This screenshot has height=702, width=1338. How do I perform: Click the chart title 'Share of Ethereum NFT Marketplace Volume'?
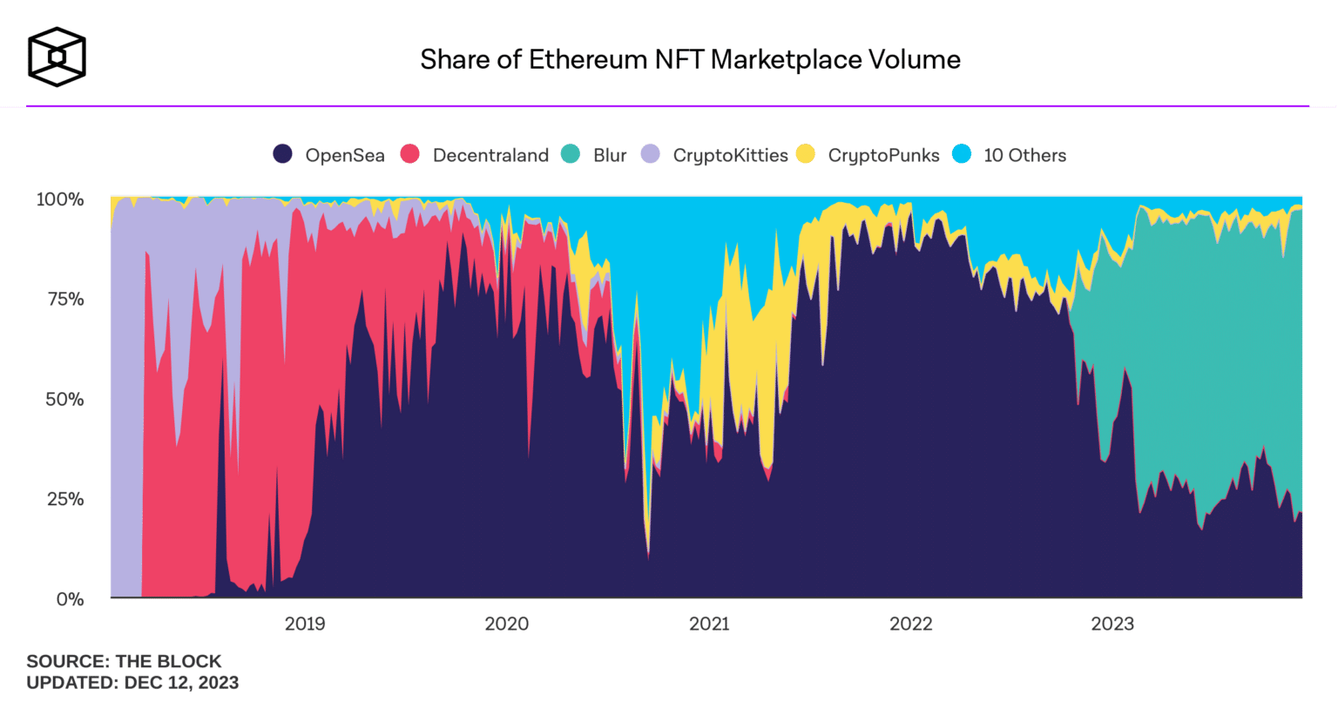point(690,59)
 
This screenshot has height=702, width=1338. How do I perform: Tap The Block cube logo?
point(57,57)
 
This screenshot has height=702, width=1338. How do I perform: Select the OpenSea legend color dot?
point(283,155)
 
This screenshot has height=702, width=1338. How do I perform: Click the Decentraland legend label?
point(490,156)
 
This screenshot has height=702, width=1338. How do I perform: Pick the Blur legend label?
point(610,156)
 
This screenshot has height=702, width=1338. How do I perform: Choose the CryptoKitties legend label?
point(730,156)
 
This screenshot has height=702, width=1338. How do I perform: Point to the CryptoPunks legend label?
point(883,156)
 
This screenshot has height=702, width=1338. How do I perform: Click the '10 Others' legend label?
point(1024,156)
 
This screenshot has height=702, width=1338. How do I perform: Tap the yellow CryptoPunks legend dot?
point(806,155)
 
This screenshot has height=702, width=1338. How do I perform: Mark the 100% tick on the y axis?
point(60,199)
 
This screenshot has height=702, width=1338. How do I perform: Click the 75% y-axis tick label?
point(64,300)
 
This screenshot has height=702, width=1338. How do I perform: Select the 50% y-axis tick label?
point(64,400)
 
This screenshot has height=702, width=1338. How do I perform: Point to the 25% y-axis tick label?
point(64,499)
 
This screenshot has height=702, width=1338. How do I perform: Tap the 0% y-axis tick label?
point(70,599)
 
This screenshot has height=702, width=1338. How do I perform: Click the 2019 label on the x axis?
point(305,624)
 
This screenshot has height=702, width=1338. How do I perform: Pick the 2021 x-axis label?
point(709,624)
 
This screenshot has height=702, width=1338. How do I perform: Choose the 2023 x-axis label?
point(1112,624)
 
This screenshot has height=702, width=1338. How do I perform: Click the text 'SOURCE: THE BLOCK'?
point(124,661)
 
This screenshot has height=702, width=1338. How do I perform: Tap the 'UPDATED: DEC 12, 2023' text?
point(132,682)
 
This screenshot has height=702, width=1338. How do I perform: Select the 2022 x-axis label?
point(911,624)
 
